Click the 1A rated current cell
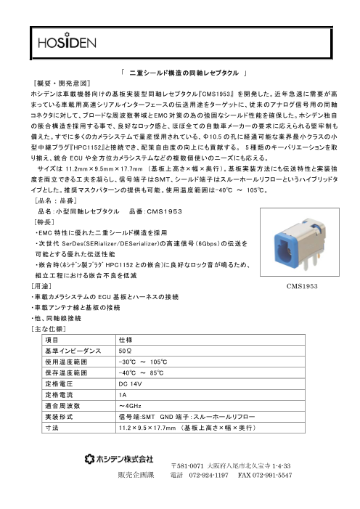point(122,393)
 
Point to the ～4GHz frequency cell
point(128,404)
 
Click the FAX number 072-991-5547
point(260,476)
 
